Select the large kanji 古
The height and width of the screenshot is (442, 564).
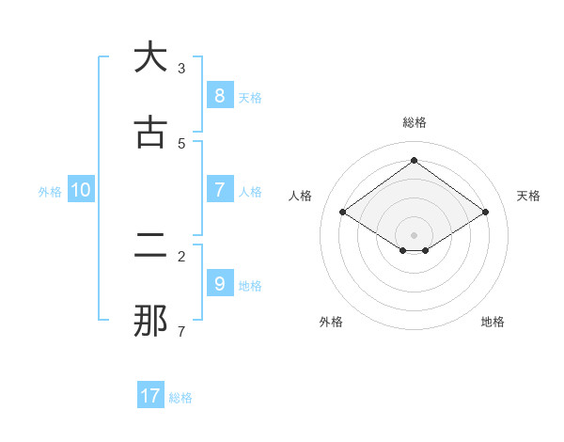[x=150, y=133]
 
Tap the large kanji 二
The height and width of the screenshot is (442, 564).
[x=150, y=245]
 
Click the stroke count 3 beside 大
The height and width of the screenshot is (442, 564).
[x=181, y=68]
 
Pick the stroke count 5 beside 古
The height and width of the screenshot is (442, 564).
[x=181, y=143]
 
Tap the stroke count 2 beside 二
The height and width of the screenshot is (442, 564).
[x=181, y=256]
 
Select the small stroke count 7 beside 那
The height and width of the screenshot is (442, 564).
[x=181, y=331]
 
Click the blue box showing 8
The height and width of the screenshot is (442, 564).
[x=219, y=96]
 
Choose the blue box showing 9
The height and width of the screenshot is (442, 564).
[x=219, y=283]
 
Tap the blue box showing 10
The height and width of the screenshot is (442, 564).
[x=81, y=190]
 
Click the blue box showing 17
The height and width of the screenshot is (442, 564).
[x=150, y=396]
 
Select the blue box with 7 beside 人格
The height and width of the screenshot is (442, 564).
[x=219, y=190]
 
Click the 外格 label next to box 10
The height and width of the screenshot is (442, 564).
[x=50, y=192]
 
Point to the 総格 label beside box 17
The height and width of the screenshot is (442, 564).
[x=180, y=398]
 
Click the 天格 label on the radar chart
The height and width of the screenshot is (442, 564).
[x=529, y=196]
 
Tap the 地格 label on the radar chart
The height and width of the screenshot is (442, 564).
[x=493, y=322]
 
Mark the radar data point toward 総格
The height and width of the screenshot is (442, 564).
[x=414, y=161]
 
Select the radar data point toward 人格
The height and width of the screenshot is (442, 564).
[x=342, y=213]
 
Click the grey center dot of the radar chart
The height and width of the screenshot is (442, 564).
[x=414, y=234]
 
